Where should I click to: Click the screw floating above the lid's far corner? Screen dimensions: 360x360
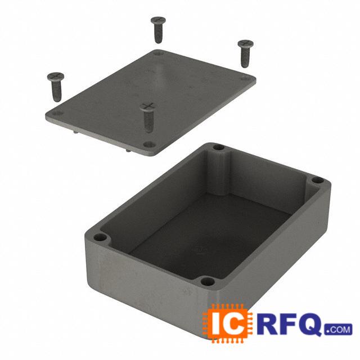pyautogui.click(x=158, y=29)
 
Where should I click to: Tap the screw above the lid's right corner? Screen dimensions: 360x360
pyautogui.click(x=245, y=53)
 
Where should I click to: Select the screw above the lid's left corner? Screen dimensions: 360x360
pyautogui.click(x=56, y=87)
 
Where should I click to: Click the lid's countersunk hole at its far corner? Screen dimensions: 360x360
pyautogui.click(x=158, y=53)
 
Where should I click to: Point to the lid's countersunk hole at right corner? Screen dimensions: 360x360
pyautogui.click(x=246, y=79)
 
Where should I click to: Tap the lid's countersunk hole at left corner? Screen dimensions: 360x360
pyautogui.click(x=57, y=114)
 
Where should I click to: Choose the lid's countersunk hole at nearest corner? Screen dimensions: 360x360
pyautogui.click(x=150, y=145)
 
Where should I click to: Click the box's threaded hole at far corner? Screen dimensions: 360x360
pyautogui.click(x=219, y=147)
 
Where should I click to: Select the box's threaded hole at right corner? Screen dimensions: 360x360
pyautogui.click(x=318, y=181)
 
